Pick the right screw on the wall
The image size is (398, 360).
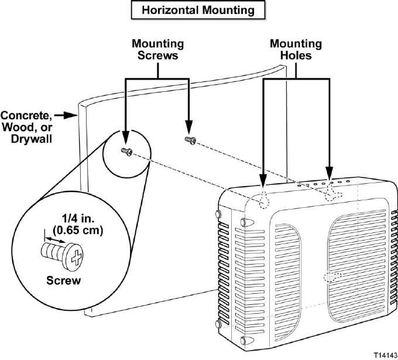click(x=190, y=139)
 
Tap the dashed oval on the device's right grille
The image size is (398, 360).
click(x=333, y=276)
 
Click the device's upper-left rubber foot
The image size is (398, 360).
click(x=244, y=222)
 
